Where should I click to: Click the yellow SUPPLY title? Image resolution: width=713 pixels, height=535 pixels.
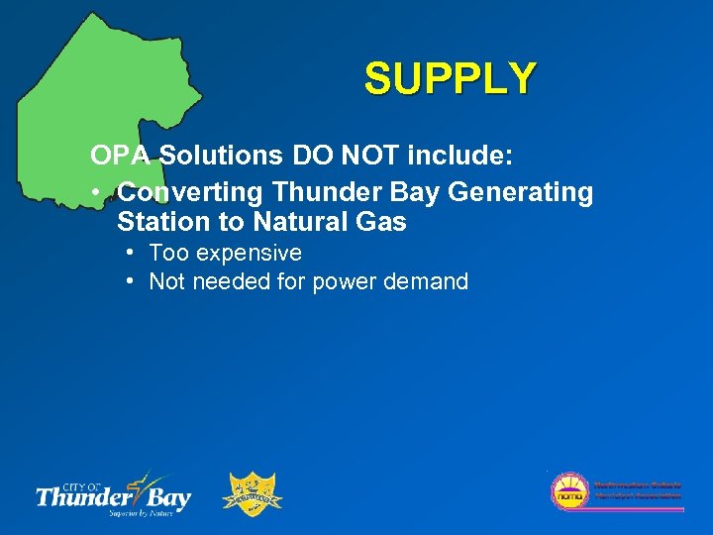point(451,79)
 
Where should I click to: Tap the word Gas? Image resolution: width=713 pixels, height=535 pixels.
point(383,222)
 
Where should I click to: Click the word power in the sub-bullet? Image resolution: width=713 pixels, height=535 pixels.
point(340,282)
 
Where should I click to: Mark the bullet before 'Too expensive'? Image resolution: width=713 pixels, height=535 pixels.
point(131,254)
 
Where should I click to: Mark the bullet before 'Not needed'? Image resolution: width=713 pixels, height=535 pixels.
point(131,282)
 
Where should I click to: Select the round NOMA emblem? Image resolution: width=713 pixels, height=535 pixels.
point(569,492)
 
